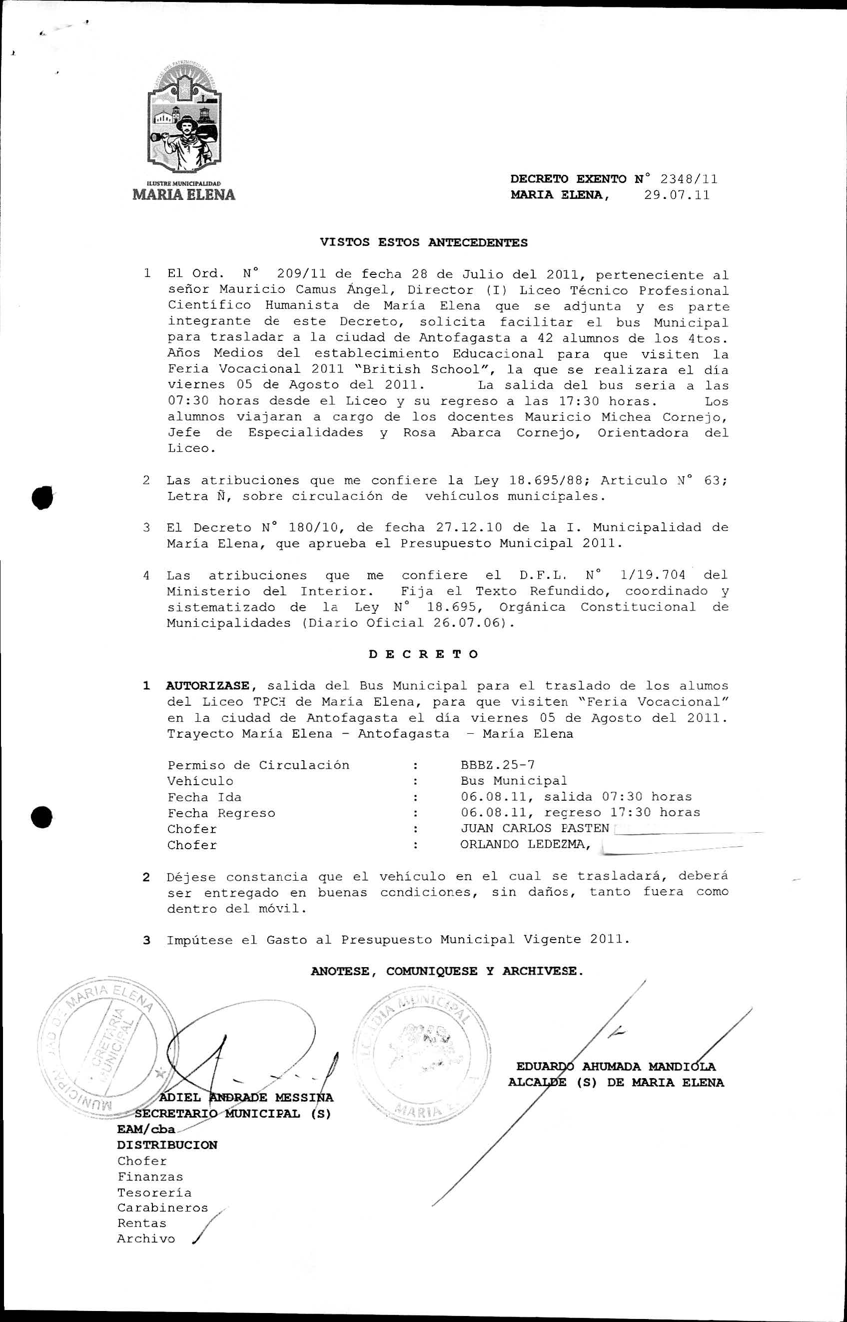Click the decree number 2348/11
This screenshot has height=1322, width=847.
coord(689,179)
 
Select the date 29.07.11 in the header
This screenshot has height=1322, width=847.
coord(677,195)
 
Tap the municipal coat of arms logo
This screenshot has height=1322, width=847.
coord(185,118)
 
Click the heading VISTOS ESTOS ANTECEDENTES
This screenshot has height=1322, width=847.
coord(424,242)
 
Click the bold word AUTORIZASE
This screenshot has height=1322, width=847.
coord(208,686)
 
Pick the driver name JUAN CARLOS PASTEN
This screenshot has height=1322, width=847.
coord(535,829)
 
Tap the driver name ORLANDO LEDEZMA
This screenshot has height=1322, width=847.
coord(525,845)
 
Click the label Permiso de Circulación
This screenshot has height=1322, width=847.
coord(258,765)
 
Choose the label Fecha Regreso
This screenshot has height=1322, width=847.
coord(221,813)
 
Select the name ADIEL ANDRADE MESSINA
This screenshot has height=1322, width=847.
coord(246,1098)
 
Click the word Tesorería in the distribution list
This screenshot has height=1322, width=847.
coord(154,1193)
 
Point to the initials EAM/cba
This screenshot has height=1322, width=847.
coord(146,1130)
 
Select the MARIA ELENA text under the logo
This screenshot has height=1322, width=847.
coord(184,195)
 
